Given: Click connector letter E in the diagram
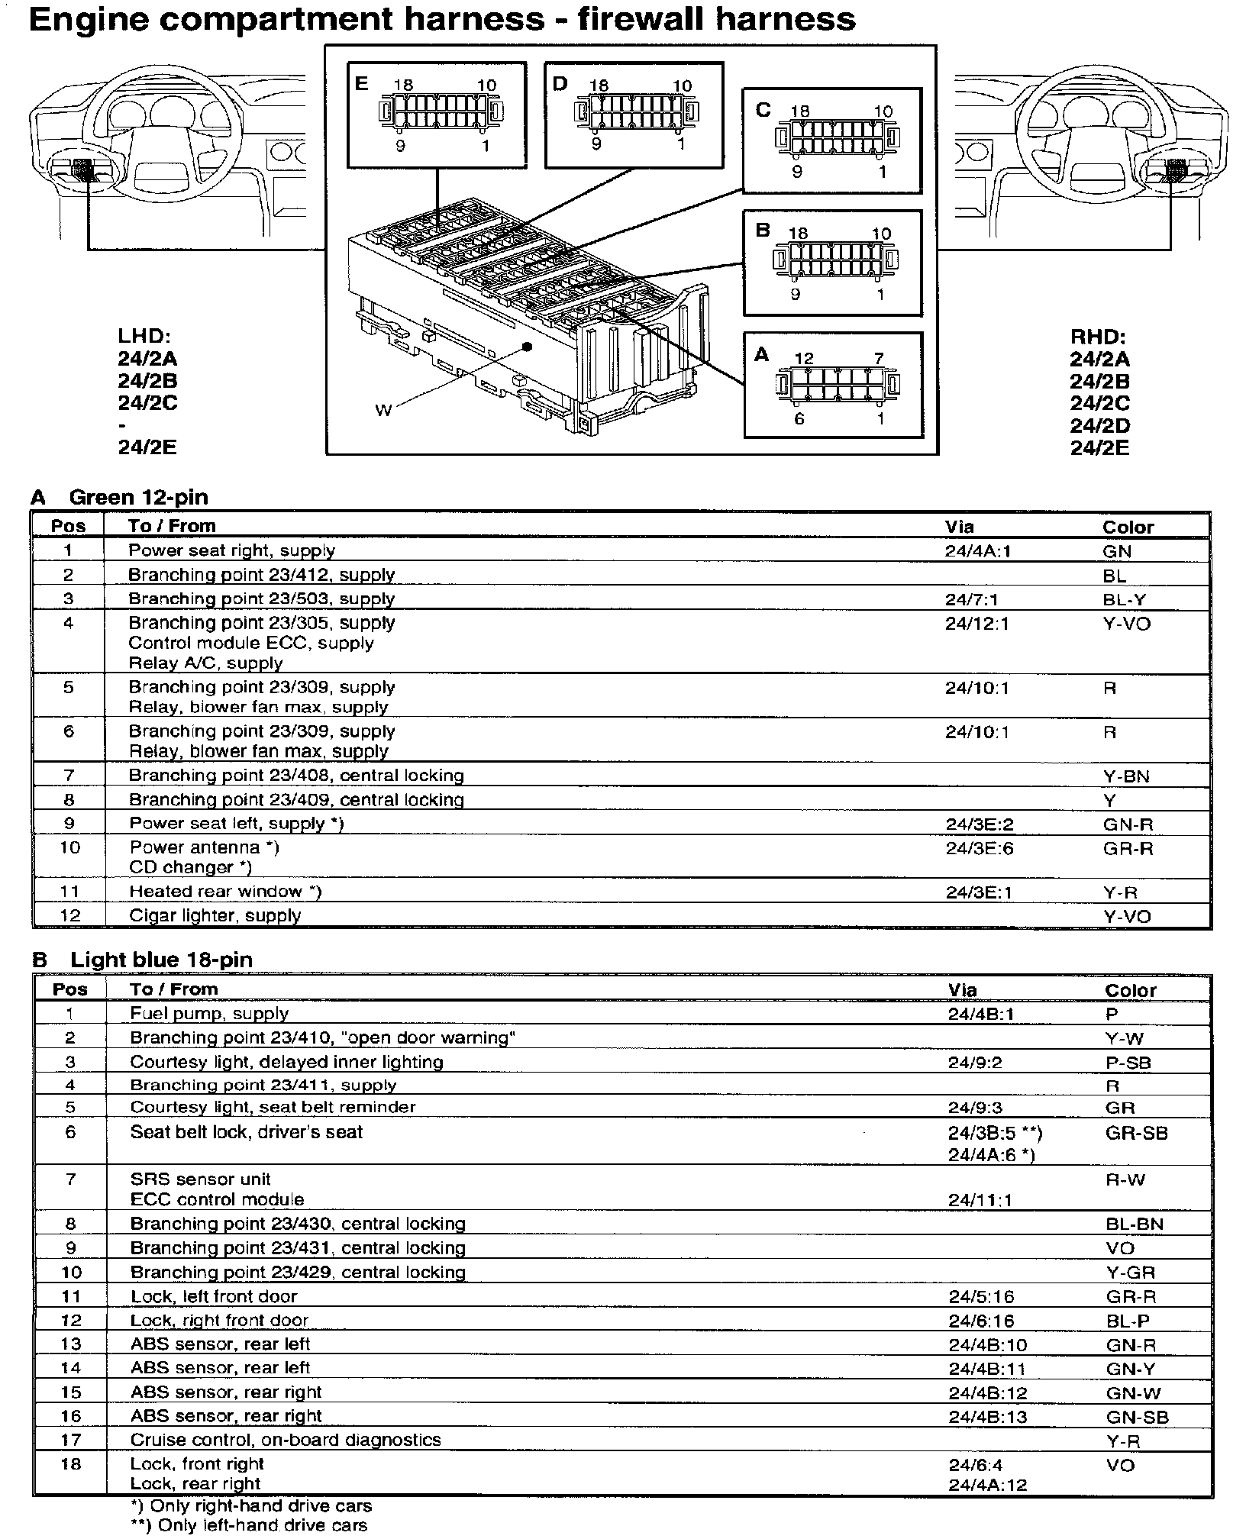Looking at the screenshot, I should tap(361, 82).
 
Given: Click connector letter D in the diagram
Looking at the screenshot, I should tap(560, 83).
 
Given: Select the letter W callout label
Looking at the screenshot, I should tap(383, 411).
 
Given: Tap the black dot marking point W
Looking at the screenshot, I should tap(527, 347).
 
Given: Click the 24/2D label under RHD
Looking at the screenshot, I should tap(1099, 426).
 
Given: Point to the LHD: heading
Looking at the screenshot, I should tap(144, 336).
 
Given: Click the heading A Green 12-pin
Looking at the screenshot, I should tap(120, 498).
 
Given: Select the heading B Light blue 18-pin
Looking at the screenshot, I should tap(143, 960).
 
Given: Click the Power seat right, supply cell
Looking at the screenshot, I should tap(231, 550).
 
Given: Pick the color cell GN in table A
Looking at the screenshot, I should tap(1117, 552).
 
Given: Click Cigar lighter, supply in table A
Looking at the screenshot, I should tap(215, 915).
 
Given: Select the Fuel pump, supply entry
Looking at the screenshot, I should tap(209, 1014).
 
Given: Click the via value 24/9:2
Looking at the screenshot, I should tap(975, 1063).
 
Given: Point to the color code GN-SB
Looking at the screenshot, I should tap(1137, 1418).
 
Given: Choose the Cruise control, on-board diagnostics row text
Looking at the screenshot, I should tap(286, 1440).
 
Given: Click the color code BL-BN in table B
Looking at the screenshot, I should tap(1134, 1224).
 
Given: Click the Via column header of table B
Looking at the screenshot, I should tap(962, 990).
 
